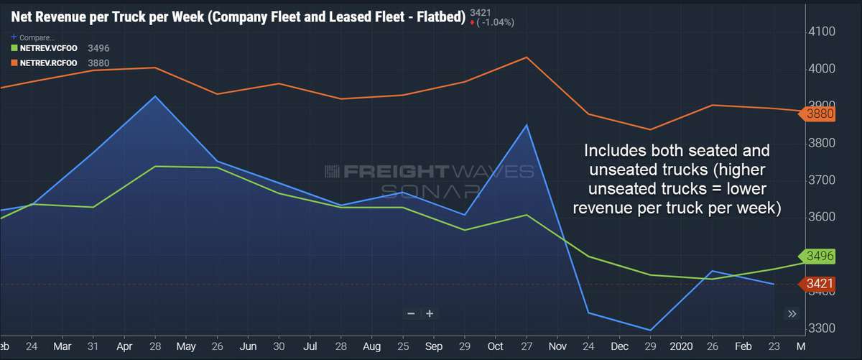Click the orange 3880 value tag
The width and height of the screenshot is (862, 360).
pos(820,114)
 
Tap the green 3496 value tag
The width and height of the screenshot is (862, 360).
pos(820,256)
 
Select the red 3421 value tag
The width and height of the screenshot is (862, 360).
pos(820,284)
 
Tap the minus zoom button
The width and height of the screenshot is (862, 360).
pos(411,313)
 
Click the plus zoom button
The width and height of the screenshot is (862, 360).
pos(430,313)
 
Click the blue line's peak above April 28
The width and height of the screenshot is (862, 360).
pos(156,96)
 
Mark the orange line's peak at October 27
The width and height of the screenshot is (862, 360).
pos(528,57)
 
